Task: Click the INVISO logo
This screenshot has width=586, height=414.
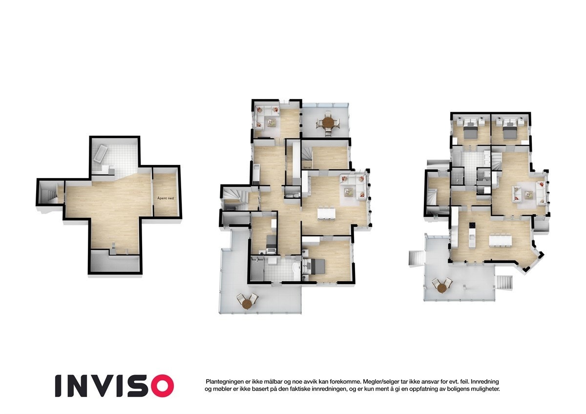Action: tap(114, 385)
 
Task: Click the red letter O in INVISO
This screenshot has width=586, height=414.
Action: tap(162, 385)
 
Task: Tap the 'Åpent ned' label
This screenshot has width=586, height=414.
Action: tap(166, 198)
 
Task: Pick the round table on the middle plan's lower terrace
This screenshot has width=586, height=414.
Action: tap(247, 304)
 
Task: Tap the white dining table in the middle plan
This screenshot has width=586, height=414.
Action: tap(326, 214)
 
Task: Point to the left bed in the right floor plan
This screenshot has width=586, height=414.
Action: tap(469, 130)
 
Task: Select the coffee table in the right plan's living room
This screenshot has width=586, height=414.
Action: tap(528, 194)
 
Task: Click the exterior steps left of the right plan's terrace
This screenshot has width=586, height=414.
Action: tap(416, 257)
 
